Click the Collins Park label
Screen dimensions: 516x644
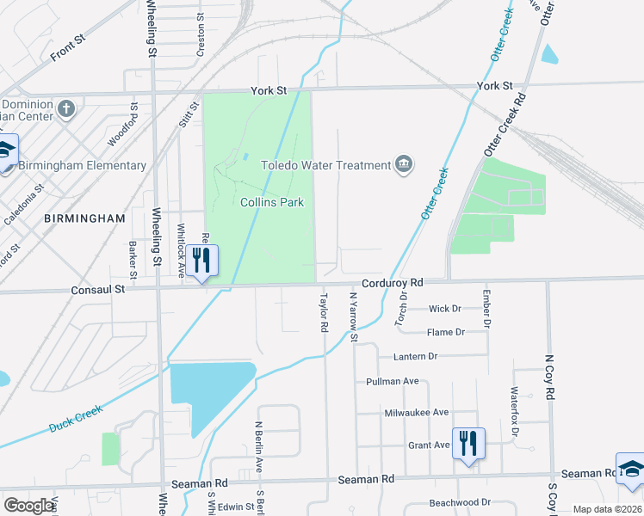click(x=271, y=202)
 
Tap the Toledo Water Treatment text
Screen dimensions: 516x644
click(x=325, y=164)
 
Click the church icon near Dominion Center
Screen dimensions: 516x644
click(x=67, y=108)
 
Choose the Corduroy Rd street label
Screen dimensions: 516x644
click(x=393, y=282)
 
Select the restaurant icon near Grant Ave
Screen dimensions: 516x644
click(x=468, y=444)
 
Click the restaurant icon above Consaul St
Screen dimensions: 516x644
click(x=201, y=261)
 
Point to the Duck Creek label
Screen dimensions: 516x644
click(x=76, y=419)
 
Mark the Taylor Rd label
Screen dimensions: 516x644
click(x=325, y=314)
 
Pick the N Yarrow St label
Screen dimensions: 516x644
click(x=352, y=317)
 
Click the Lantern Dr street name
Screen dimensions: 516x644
click(x=415, y=356)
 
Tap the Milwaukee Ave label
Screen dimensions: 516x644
click(x=417, y=413)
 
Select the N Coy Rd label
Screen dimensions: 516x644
click(x=550, y=374)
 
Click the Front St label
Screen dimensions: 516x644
click(x=69, y=46)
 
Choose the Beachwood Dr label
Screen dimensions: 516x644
click(x=461, y=502)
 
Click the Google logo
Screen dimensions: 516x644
click(x=28, y=506)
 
